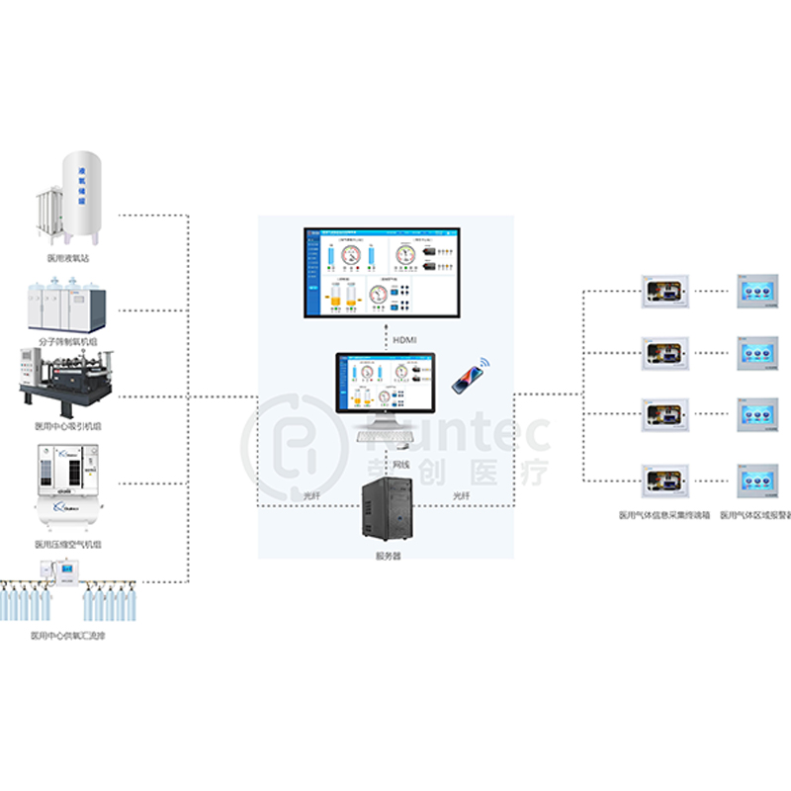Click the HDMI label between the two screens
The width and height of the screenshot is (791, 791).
point(405,340)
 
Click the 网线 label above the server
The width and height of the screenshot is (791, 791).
point(401,464)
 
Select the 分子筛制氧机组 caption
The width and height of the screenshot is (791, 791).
point(70,341)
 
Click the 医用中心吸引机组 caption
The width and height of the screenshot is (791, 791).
point(69,427)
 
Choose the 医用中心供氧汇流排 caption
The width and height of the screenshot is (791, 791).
point(68,636)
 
